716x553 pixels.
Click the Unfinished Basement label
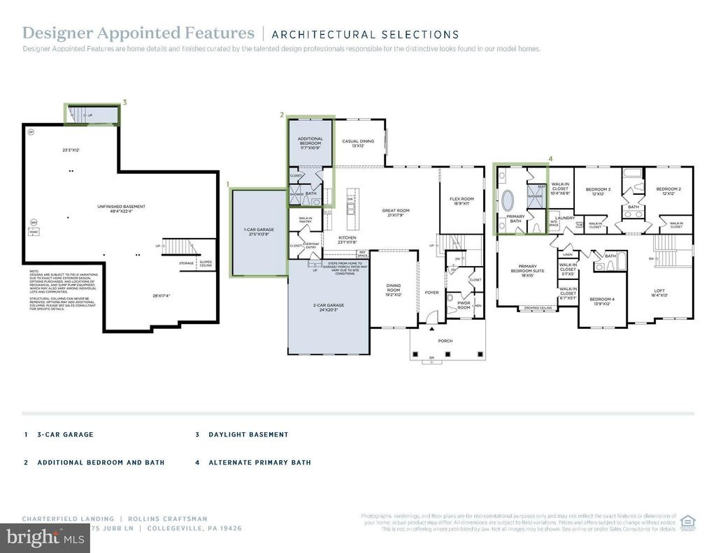pyautogui.click(x=122, y=209)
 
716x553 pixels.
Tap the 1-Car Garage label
pyautogui.click(x=258, y=232)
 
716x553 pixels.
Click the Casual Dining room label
pyautogui.click(x=358, y=143)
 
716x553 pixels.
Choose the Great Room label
pyautogui.click(x=395, y=212)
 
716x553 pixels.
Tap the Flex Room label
pyautogui.click(x=461, y=201)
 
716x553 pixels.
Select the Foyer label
pyautogui.click(x=431, y=293)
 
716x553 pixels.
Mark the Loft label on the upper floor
pyautogui.click(x=659, y=293)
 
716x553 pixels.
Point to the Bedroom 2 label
pyautogui.click(x=668, y=191)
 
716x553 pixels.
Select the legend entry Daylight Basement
pyautogui.click(x=248, y=434)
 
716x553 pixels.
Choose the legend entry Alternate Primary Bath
pyautogui.click(x=259, y=462)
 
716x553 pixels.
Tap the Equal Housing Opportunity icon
pyautogui.click(x=688, y=522)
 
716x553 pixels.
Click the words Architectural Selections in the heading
pyautogui.click(x=365, y=34)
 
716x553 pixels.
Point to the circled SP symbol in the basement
pyautogui.click(x=30, y=131)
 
